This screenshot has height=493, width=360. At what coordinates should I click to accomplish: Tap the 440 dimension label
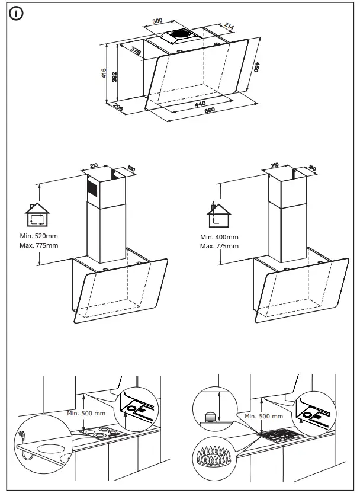click(200, 104)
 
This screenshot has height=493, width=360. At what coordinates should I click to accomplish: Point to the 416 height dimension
click(104, 74)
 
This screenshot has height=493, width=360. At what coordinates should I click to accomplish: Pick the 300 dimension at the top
click(157, 21)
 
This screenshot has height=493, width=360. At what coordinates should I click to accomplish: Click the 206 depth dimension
click(118, 108)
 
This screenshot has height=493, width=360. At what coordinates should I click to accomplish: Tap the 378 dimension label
click(136, 52)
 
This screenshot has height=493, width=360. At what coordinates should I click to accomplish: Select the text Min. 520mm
click(38, 236)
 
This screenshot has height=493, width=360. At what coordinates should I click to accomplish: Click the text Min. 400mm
click(218, 237)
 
